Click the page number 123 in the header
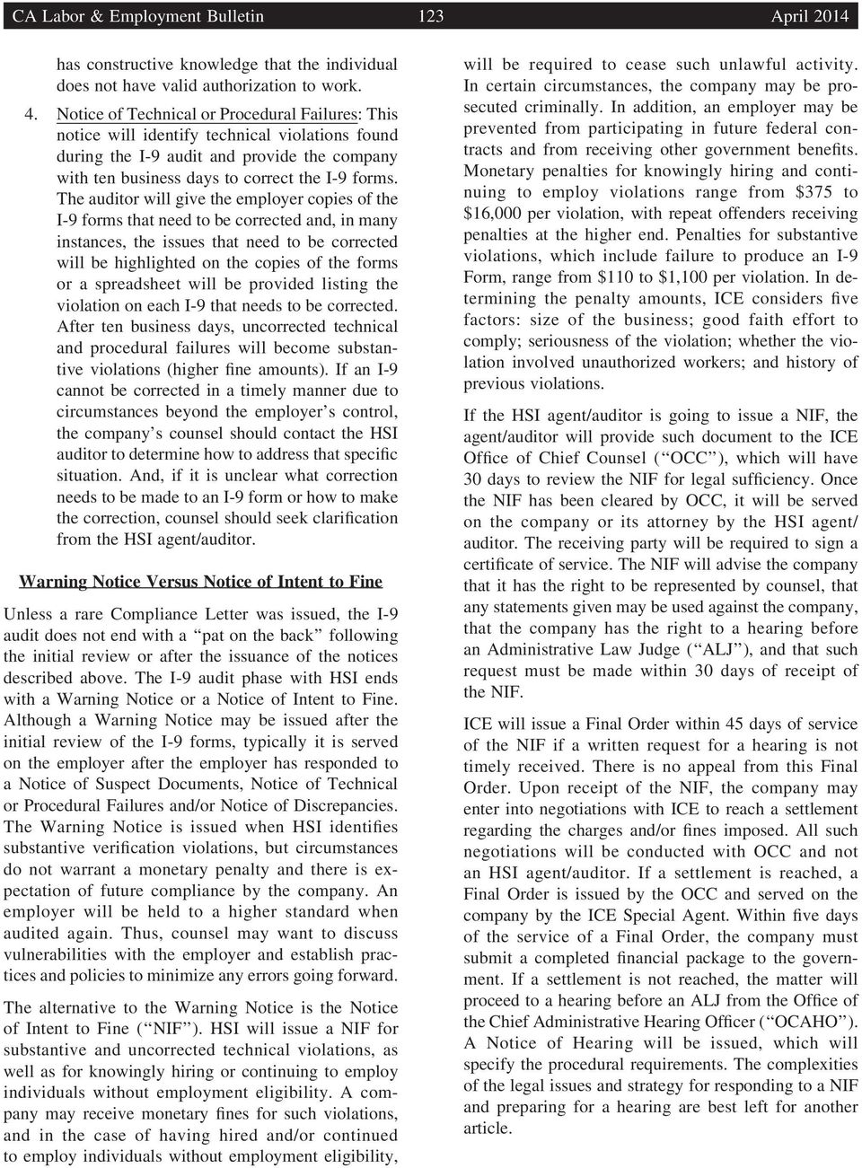click(431, 16)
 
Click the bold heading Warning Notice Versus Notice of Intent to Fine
click(200, 582)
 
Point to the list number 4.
click(31, 114)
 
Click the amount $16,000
click(494, 214)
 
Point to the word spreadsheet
click(127, 285)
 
